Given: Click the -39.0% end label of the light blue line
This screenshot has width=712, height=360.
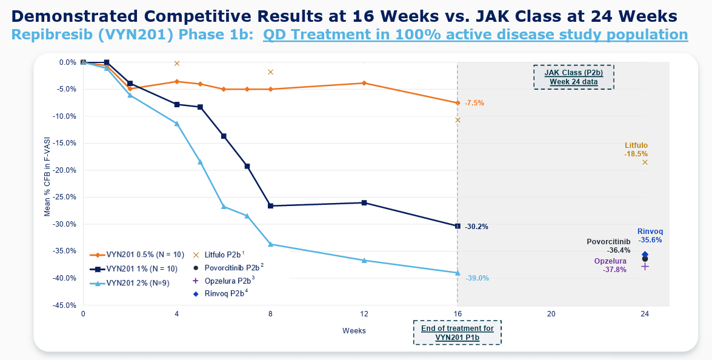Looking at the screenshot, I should pos(477,278).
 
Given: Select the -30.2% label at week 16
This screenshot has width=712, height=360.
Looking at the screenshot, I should pos(476,227).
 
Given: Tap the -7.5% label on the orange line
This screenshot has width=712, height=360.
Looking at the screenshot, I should pos(474,103).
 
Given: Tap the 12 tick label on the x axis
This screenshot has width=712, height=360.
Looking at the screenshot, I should pos(364,314).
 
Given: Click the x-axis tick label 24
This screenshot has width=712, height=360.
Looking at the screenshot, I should pos(645,314).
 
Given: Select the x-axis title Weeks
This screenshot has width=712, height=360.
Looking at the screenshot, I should pos(354,330).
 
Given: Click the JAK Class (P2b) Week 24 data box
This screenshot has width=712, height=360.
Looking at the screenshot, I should pos(573,77).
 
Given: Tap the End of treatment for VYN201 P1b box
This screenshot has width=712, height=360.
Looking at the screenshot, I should pos(457,333).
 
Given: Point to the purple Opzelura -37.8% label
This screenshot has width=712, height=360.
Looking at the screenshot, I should pos(610,265).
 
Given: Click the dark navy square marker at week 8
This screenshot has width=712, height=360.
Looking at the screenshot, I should pos(270,206).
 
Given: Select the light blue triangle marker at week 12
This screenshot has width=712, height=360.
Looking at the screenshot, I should pos(364,261).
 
